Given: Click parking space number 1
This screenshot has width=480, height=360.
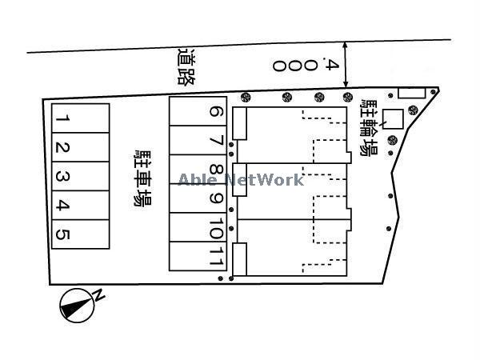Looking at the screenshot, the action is (81, 118).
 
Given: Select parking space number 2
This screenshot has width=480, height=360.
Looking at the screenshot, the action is (81, 147).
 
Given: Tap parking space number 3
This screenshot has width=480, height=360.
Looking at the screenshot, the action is (81, 176).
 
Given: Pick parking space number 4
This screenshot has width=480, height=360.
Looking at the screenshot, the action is (81, 205).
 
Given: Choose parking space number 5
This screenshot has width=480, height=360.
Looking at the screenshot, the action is (81, 234).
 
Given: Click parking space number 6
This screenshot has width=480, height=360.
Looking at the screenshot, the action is (198, 111).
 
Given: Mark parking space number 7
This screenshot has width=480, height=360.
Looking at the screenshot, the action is (198, 140).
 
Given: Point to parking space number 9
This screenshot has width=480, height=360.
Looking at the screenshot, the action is (198, 198).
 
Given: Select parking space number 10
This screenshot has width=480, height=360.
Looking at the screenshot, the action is (198, 227).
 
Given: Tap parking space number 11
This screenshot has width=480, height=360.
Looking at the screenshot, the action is (198, 256).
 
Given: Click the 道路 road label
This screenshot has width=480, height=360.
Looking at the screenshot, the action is (186, 66).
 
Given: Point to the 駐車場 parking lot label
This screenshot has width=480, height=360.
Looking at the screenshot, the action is (142, 178).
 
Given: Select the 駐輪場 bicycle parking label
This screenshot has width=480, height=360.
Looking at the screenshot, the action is (369, 128).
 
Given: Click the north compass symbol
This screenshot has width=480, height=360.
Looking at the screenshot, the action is (77, 306).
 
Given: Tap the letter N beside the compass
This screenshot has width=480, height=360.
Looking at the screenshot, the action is (99, 295).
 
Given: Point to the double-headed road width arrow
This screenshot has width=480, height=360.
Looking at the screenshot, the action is (346, 65).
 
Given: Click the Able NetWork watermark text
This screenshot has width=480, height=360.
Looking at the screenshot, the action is (241, 180).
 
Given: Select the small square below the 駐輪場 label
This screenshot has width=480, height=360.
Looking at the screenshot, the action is (393, 118).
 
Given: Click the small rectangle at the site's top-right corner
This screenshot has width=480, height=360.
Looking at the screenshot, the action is (412, 94).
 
